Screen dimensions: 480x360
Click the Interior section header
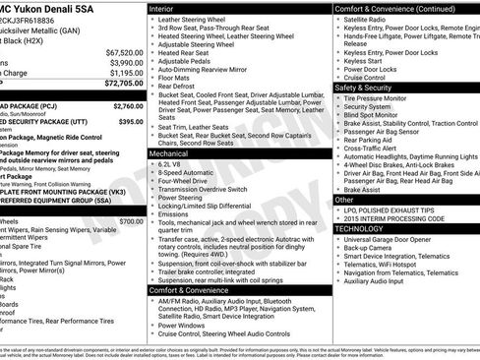[168, 8]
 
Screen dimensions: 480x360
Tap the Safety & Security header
[370, 88]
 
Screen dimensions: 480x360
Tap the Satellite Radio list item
[365, 19]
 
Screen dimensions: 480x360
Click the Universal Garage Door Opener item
[392, 239]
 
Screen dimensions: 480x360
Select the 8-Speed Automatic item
[185, 172]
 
